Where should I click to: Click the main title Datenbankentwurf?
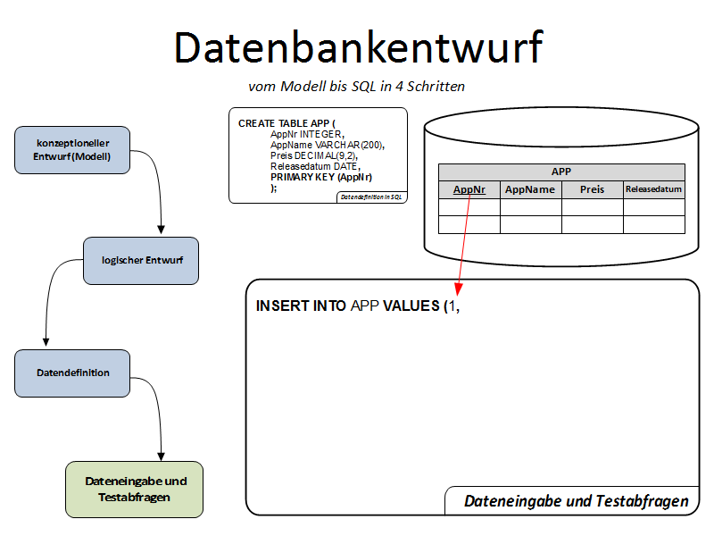pyautogui.click(x=357, y=46)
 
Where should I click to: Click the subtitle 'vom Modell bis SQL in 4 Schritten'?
pyautogui.click(x=356, y=87)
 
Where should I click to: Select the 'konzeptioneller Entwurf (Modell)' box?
pyautogui.click(x=72, y=149)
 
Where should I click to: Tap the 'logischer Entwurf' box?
pyautogui.click(x=141, y=260)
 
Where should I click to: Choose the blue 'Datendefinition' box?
pyautogui.click(x=72, y=373)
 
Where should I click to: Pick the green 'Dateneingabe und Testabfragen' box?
pyautogui.click(x=135, y=489)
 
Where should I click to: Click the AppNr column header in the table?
pyautogui.click(x=469, y=189)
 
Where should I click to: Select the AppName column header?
pyautogui.click(x=530, y=189)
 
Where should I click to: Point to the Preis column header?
pyautogui.click(x=592, y=189)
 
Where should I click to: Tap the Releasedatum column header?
pyautogui.click(x=653, y=189)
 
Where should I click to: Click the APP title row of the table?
pyautogui.click(x=561, y=172)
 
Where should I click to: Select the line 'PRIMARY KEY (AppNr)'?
pyautogui.click(x=321, y=177)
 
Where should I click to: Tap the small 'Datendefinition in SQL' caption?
pyautogui.click(x=371, y=197)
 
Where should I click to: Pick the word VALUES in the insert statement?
pyautogui.click(x=411, y=306)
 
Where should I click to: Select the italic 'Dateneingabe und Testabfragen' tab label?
pyautogui.click(x=577, y=501)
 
